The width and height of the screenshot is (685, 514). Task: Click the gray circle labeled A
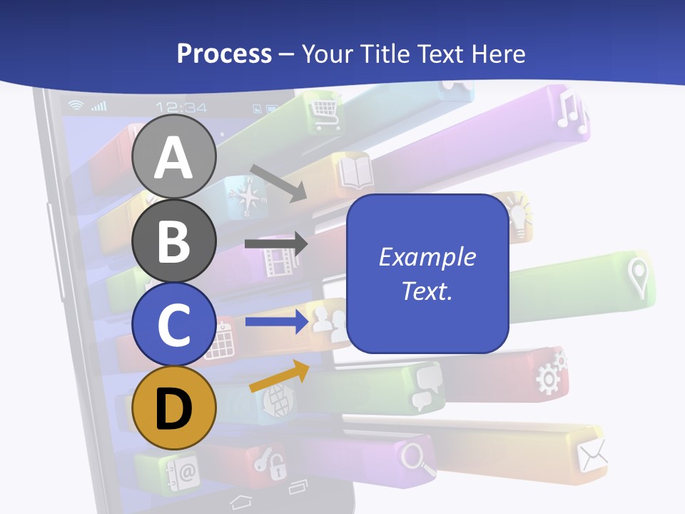(174, 157)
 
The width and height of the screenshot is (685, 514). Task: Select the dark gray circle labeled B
(174, 241)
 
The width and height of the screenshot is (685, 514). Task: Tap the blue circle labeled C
(174, 323)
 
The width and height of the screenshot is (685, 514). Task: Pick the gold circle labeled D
(174, 408)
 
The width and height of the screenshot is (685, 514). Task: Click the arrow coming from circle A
(278, 182)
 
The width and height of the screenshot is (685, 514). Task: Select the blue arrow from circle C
(275, 322)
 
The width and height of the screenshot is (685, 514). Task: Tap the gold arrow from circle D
(279, 376)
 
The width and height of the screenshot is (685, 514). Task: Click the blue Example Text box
(427, 273)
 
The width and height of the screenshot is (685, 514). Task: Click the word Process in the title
(224, 54)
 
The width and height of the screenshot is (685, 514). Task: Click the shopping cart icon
(324, 111)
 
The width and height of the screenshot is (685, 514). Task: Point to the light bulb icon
(518, 213)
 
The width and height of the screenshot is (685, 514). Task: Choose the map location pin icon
(637, 277)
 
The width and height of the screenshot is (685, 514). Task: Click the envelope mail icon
(592, 455)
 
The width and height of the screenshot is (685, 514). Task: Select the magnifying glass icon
(418, 458)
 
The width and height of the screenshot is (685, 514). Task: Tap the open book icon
(355, 172)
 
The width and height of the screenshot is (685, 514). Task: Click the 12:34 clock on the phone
(181, 108)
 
